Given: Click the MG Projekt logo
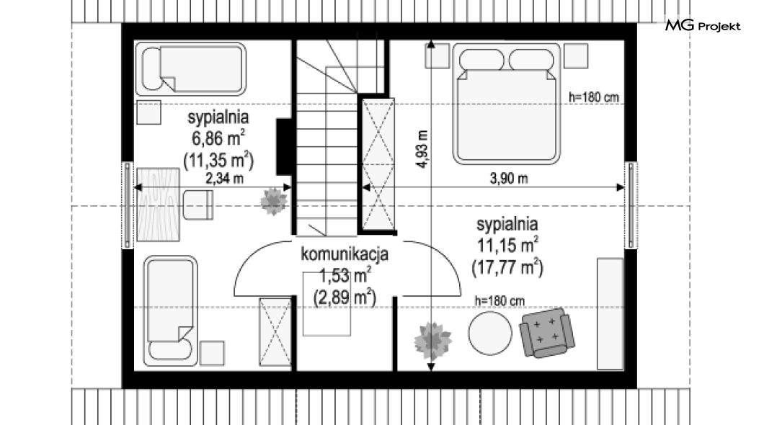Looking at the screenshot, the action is pyautogui.click(x=703, y=25).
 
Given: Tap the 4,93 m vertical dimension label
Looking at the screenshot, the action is pyautogui.click(x=422, y=149).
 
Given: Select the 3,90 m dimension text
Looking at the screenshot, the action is pyautogui.click(x=509, y=179).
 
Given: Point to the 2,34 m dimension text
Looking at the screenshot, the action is pyautogui.click(x=224, y=179).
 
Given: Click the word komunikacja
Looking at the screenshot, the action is pyautogui.click(x=345, y=254).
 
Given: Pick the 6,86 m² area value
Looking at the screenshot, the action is pyautogui.click(x=218, y=138).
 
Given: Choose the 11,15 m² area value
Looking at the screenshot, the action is pyautogui.click(x=507, y=245).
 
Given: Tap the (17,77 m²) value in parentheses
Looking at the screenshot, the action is pyautogui.click(x=507, y=267).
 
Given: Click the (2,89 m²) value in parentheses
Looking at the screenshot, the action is pyautogui.click(x=345, y=297).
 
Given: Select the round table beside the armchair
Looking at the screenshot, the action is pyautogui.click(x=490, y=334).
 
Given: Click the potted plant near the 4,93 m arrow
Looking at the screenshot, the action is pyautogui.click(x=432, y=340).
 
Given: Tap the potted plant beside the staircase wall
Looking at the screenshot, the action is pyautogui.click(x=274, y=201).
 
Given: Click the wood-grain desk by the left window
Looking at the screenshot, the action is pyautogui.click(x=159, y=205).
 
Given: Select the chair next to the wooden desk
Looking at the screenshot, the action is pyautogui.click(x=198, y=205).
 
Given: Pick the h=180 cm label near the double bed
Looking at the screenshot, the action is pyautogui.click(x=594, y=97).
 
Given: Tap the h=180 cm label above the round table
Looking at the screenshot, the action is pyautogui.click(x=500, y=301).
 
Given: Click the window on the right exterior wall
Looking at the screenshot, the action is pyautogui.click(x=631, y=205).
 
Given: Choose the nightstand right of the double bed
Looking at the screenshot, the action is pyautogui.click(x=576, y=56).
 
